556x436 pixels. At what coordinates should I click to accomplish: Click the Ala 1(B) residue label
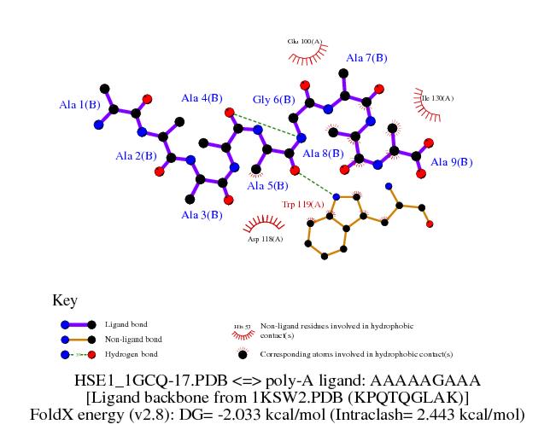(79, 105)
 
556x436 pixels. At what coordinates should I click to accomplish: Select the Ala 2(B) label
(136, 156)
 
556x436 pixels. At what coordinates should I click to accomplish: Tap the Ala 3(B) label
(202, 215)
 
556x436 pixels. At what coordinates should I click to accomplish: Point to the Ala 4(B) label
(202, 98)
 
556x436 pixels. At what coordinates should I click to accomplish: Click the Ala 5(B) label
(267, 185)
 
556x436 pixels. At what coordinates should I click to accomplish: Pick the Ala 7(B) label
(366, 58)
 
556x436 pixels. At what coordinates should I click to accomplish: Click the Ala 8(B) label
(324, 154)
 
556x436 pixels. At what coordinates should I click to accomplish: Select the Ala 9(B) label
(451, 161)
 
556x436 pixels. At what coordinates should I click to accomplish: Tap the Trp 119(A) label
(303, 205)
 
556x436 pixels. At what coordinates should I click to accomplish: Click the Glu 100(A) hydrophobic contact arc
(305, 57)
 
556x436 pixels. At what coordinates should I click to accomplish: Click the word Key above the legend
(65, 300)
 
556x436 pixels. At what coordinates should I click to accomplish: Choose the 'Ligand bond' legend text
(126, 325)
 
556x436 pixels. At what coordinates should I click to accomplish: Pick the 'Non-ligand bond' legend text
(132, 340)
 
